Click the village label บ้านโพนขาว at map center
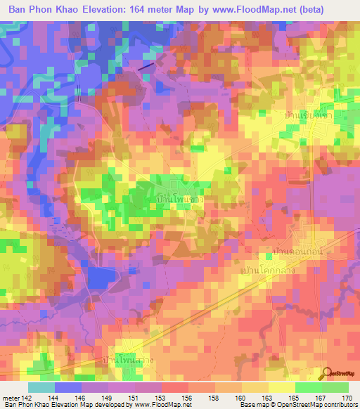[180, 200]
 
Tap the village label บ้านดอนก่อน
[298, 249]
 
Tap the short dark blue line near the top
[146, 65]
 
